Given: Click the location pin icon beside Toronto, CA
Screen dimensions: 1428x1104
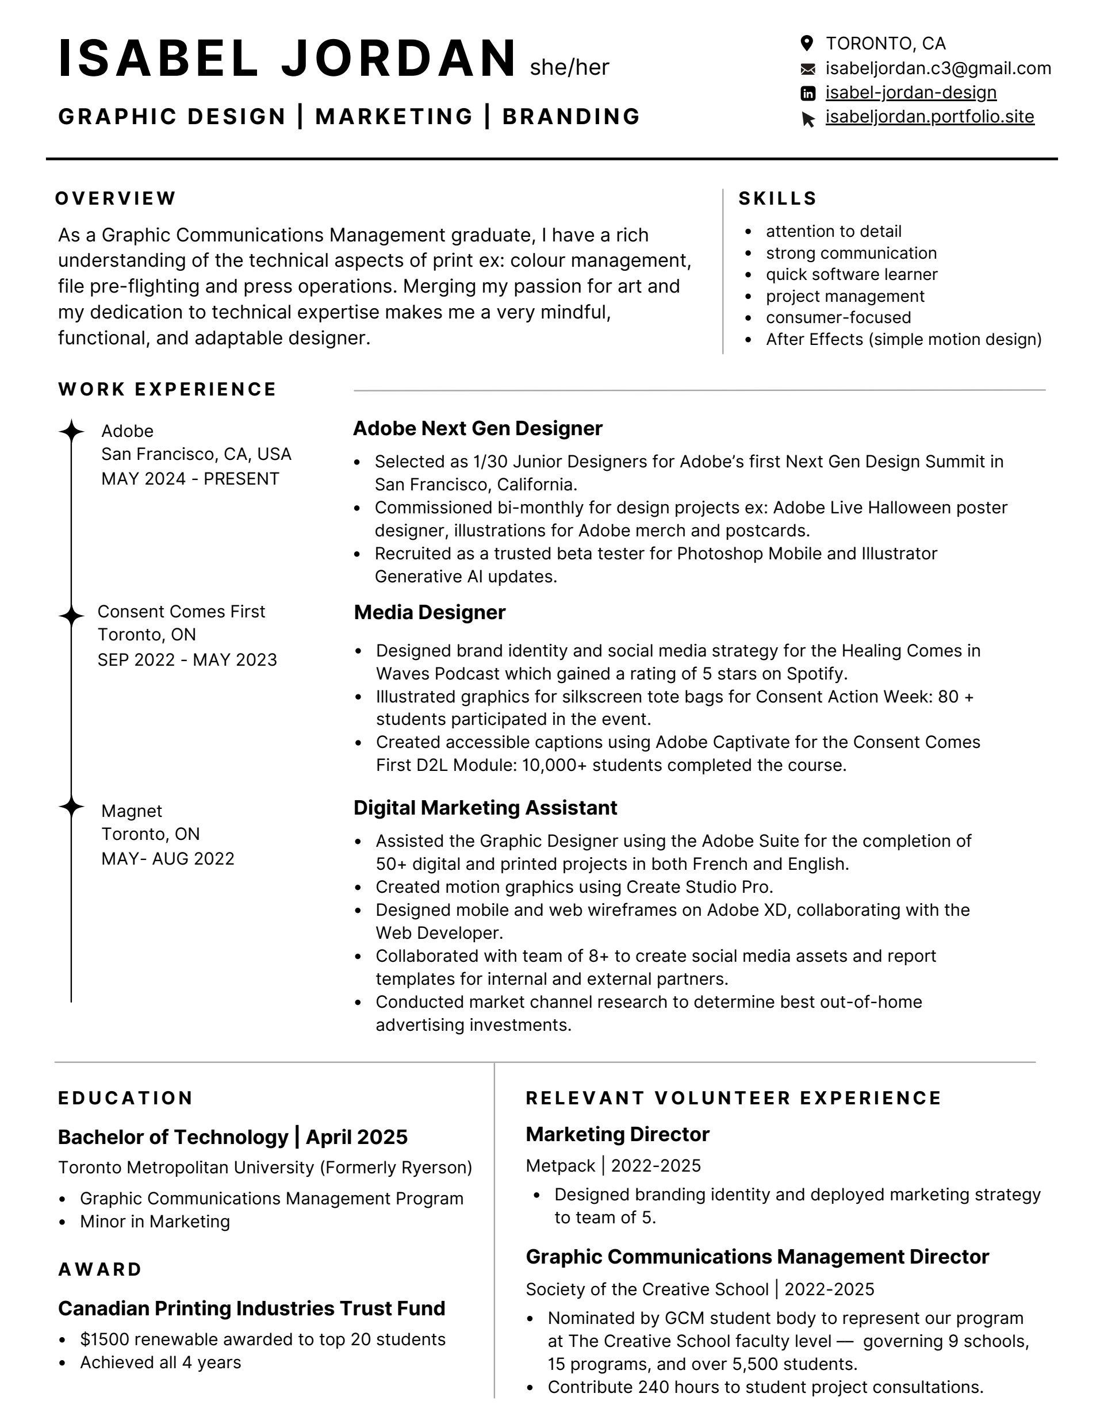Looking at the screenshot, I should (807, 44).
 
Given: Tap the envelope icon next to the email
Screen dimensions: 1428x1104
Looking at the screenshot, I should (808, 68).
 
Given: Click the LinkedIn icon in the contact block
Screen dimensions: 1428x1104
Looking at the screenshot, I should (808, 94).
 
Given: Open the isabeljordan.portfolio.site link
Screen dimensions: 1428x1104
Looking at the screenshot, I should (929, 117).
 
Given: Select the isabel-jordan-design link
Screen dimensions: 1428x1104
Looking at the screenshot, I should (910, 93).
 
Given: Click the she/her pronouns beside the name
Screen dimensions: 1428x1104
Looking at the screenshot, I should (569, 67).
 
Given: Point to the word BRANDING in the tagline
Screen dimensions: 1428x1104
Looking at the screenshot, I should (571, 116).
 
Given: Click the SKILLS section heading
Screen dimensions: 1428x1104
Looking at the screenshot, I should (777, 198).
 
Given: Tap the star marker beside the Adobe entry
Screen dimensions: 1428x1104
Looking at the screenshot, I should (71, 432).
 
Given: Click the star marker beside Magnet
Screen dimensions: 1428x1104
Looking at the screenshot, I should (71, 807).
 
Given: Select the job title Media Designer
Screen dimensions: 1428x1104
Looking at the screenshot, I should (430, 612).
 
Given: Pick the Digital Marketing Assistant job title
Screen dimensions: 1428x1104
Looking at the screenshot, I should (485, 808).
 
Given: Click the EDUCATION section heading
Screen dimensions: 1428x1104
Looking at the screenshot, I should (125, 1098).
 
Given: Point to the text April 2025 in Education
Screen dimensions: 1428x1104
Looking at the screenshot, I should (356, 1137).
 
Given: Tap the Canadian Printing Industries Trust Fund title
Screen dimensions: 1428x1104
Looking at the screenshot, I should (252, 1308).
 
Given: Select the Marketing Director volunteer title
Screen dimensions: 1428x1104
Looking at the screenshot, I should (618, 1134).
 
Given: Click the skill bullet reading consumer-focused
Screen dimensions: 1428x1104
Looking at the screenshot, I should (838, 318).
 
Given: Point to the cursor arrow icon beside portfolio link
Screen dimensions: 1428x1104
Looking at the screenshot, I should (808, 119).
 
